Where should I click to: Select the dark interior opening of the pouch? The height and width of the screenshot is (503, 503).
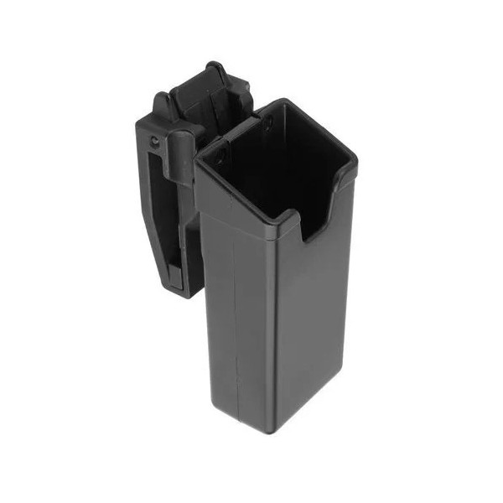268,168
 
